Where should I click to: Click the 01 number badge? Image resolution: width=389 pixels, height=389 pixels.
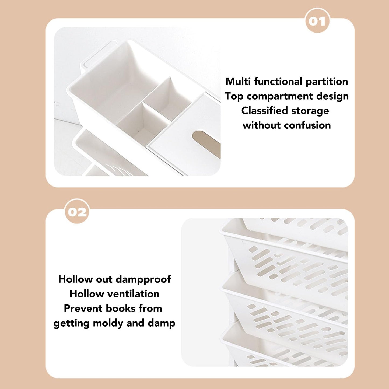coord(317,21)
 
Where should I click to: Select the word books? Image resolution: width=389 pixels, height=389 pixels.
coord(121,309)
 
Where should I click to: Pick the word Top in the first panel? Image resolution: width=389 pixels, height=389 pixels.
coord(234,96)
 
